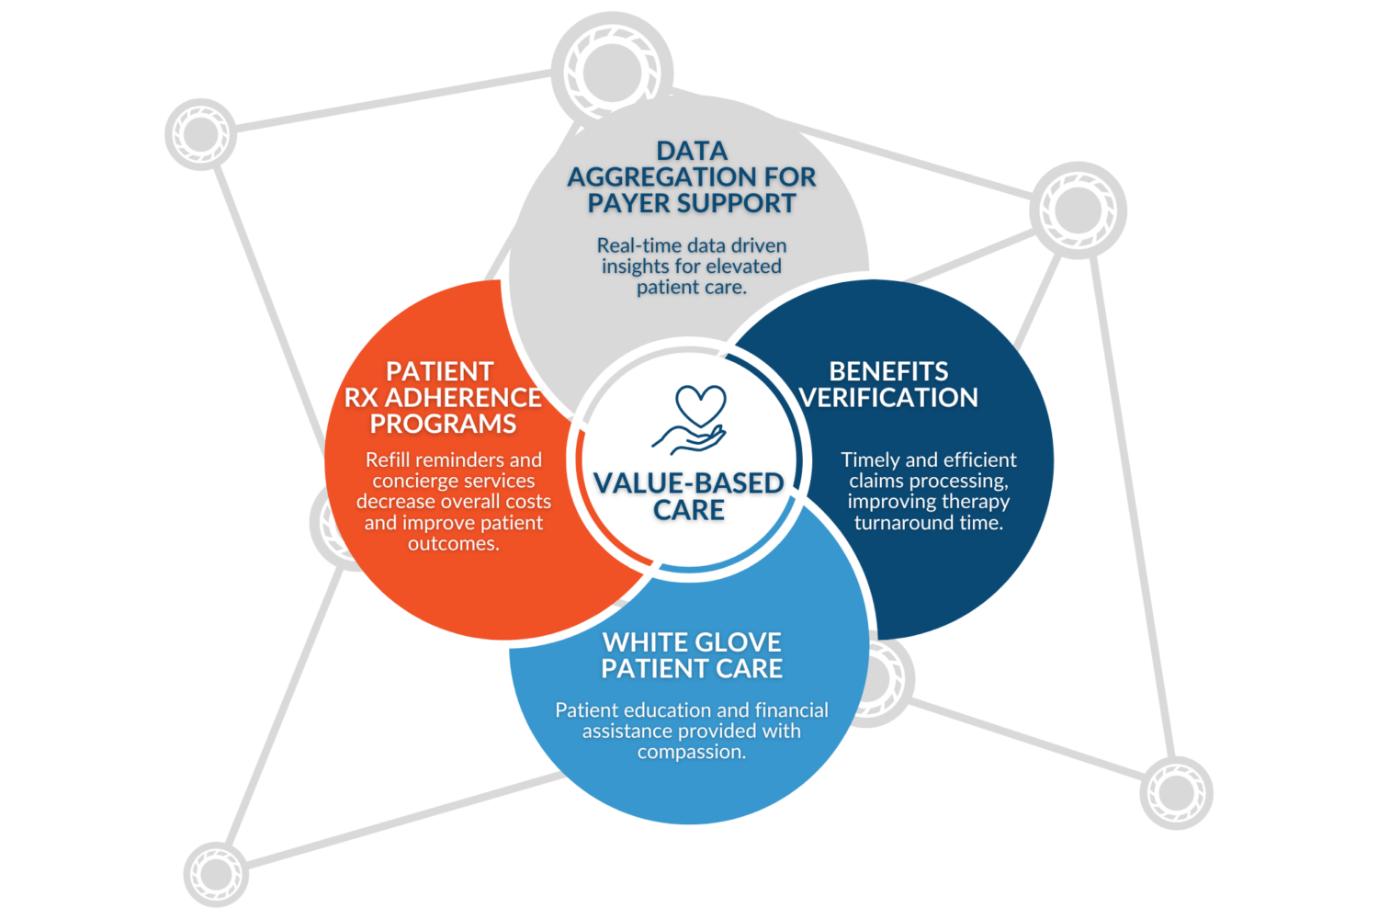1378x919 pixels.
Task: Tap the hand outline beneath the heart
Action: (689, 438)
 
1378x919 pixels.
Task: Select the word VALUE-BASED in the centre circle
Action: (688, 483)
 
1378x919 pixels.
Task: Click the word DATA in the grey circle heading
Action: (692, 152)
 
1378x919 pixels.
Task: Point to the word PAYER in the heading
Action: (630, 204)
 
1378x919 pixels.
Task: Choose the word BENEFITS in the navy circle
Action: (888, 372)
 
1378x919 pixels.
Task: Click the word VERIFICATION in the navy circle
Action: (888, 398)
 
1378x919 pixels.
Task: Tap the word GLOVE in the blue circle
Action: (736, 642)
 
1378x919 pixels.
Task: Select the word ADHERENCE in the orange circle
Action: (463, 398)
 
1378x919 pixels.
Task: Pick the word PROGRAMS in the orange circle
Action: (443, 424)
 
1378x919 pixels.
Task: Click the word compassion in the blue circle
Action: (692, 752)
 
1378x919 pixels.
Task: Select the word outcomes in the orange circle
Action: (454, 544)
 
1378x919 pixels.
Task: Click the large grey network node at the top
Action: (612, 73)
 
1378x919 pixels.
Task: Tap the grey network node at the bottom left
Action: (216, 874)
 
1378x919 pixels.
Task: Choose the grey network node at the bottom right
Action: (1176, 793)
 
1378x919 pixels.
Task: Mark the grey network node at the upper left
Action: (200, 133)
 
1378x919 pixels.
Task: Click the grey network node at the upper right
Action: (1078, 210)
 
